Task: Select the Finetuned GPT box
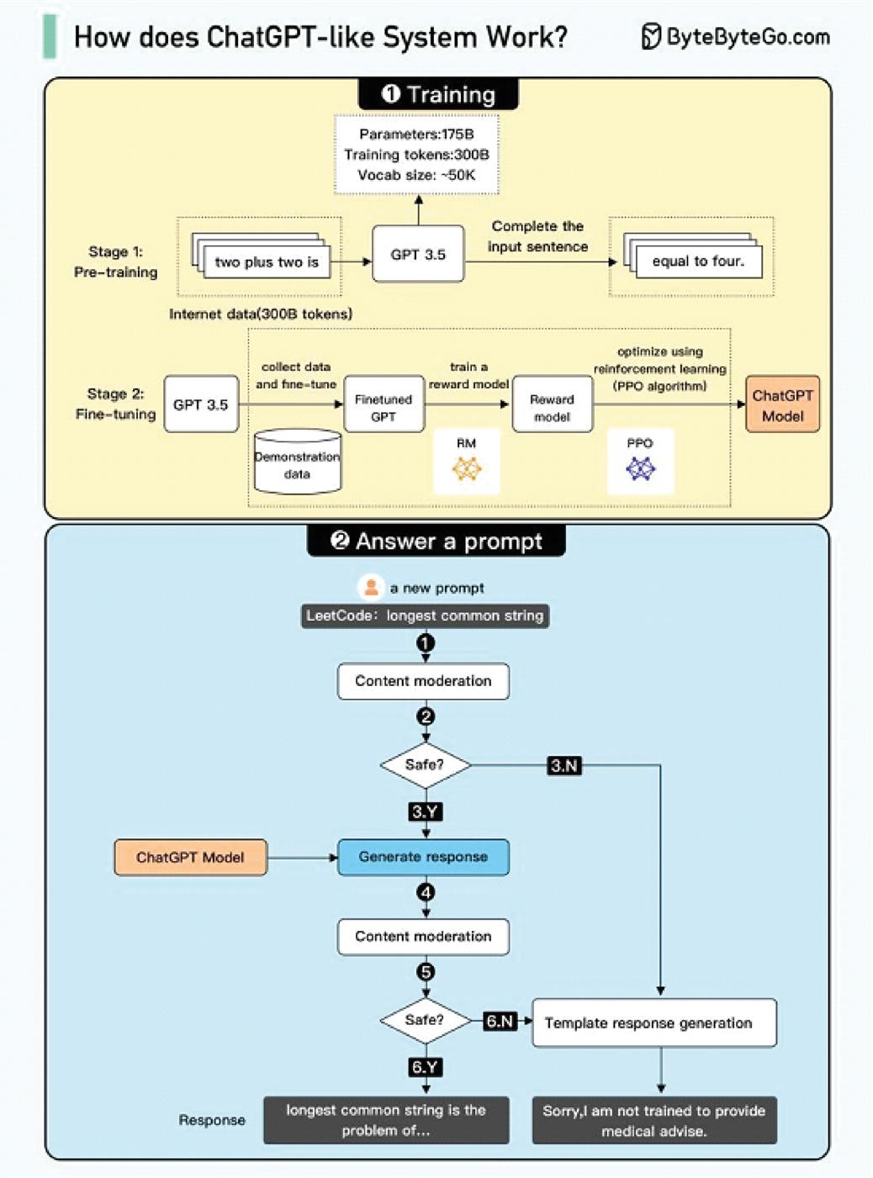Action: tap(384, 404)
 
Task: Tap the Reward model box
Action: tap(552, 404)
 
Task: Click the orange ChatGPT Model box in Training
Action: tap(782, 404)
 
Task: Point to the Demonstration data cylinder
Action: tap(298, 462)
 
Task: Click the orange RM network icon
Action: tap(467, 468)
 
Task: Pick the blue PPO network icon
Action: tap(640, 468)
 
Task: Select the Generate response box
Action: tap(423, 857)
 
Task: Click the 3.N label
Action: tap(564, 766)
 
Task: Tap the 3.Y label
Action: tap(426, 811)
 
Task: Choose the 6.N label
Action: tap(500, 1021)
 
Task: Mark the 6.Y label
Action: tap(426, 1067)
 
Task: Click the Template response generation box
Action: tap(654, 1022)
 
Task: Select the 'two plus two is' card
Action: tap(267, 261)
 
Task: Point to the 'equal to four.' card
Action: tap(698, 261)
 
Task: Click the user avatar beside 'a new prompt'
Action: tap(371, 587)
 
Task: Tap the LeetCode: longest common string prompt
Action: tap(425, 615)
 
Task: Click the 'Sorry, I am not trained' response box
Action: tap(654, 1120)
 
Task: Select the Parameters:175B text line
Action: tap(416, 134)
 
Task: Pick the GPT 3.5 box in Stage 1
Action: tap(418, 254)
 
